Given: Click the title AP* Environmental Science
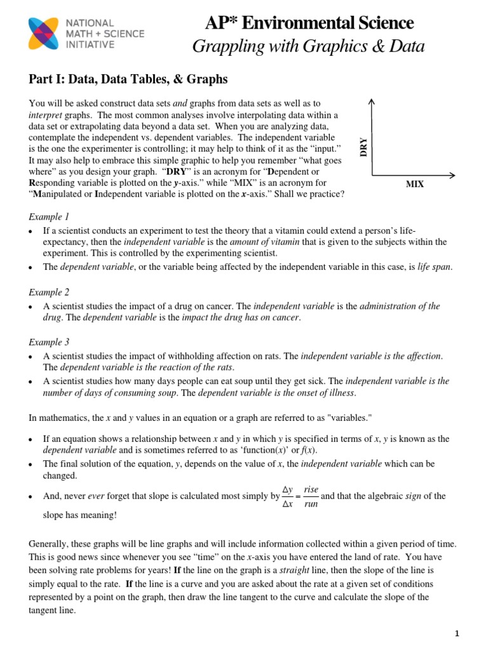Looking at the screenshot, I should coord(309,23).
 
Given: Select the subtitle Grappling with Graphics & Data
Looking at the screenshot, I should coord(309,46).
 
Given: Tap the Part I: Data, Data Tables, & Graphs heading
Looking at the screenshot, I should coord(128,79).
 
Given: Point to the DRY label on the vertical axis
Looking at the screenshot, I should coord(364,147).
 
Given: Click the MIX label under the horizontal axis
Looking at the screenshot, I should coord(414,184).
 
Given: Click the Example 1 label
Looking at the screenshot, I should coord(49,216).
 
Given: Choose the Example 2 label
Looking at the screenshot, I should coord(49,292).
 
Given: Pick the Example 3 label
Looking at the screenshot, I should coord(49,342).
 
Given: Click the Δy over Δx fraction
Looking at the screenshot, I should coord(287,496).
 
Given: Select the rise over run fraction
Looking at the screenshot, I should coord(311,496).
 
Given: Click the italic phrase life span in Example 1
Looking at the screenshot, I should coord(434,267).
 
